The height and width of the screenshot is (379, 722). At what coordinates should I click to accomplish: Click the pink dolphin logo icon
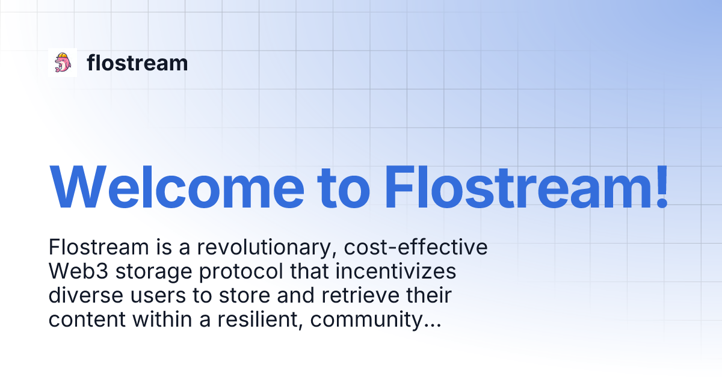click(63, 63)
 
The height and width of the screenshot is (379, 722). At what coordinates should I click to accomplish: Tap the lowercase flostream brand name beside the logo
click(137, 63)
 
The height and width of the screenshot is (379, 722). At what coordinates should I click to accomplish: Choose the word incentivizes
click(395, 272)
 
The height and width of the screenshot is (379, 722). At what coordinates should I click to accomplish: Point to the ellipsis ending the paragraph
click(431, 325)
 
